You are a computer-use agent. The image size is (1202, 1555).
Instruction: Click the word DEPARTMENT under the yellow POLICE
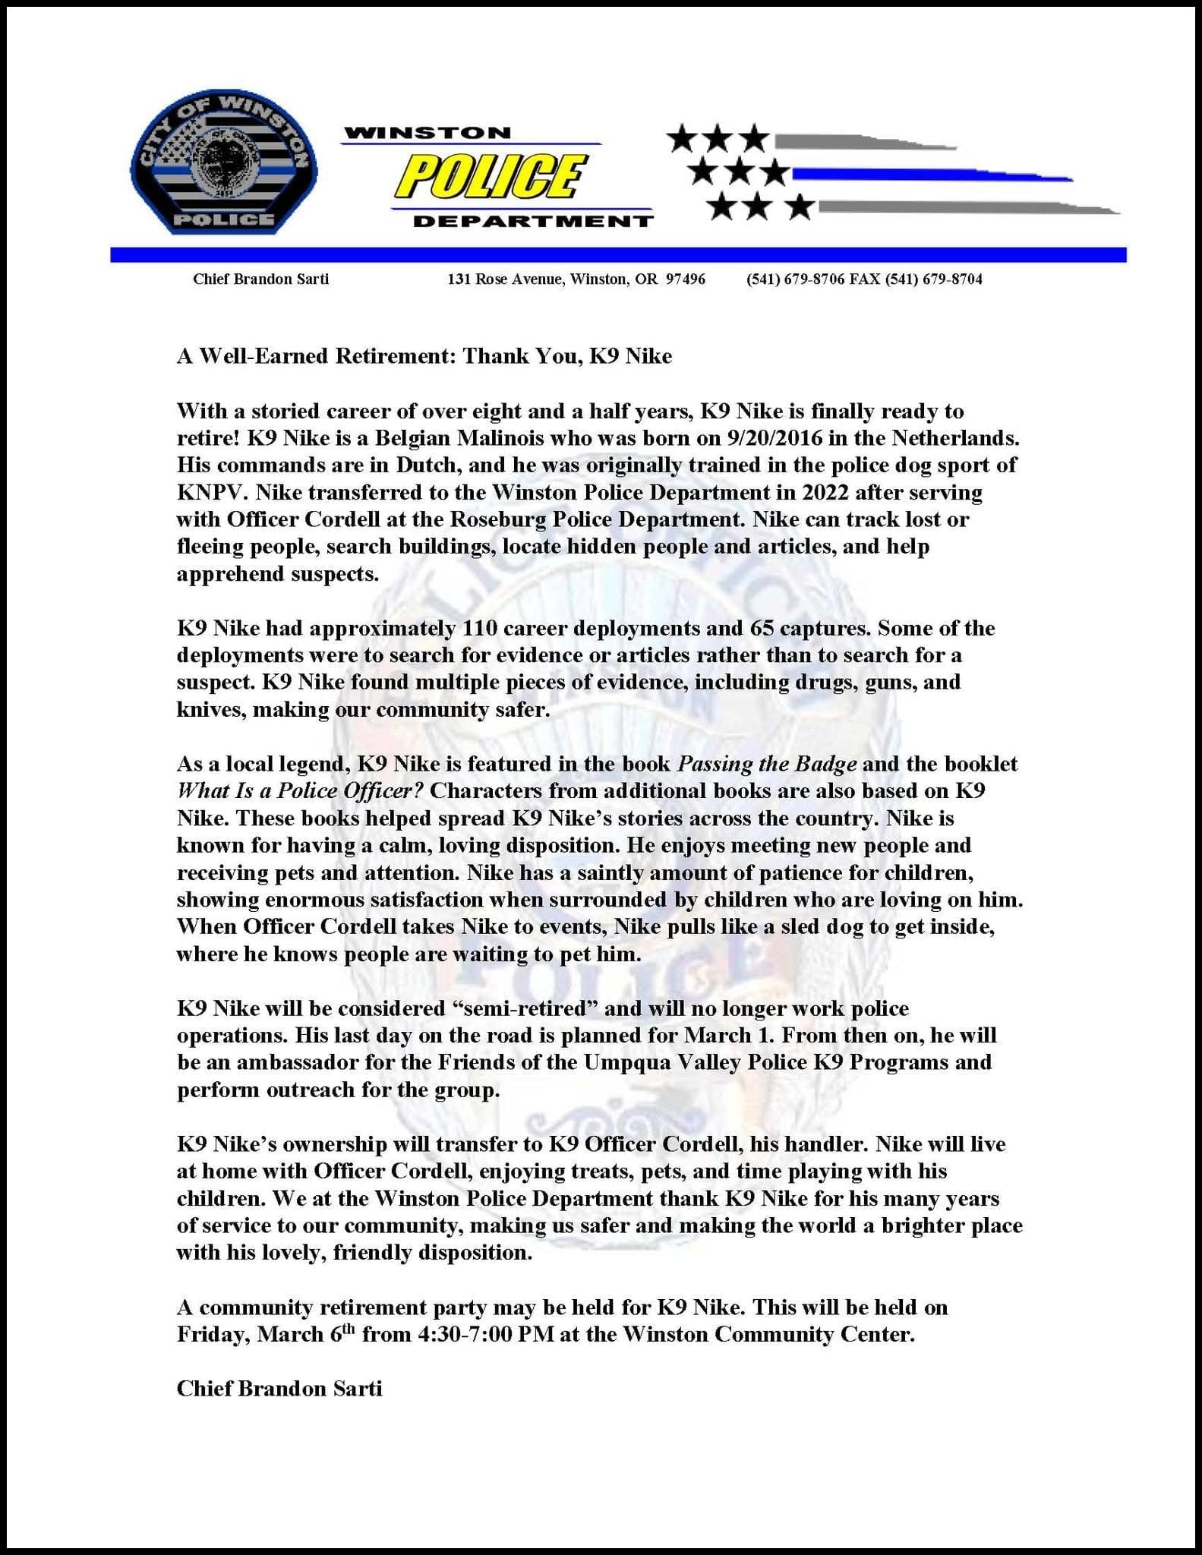pos(532,222)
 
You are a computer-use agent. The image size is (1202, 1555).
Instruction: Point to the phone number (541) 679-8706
pos(796,279)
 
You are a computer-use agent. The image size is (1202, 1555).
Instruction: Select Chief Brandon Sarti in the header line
pos(260,279)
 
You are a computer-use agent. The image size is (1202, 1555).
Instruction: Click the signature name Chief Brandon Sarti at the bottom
pos(279,1389)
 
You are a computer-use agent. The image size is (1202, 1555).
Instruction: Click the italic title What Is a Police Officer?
pos(300,791)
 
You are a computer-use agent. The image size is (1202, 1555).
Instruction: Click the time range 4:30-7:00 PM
pos(485,1335)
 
